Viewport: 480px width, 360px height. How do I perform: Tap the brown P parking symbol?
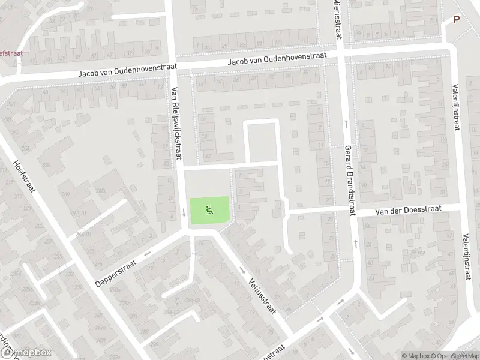456,19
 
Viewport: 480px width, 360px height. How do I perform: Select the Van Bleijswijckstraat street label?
176,122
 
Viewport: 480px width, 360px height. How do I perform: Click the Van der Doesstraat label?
408,209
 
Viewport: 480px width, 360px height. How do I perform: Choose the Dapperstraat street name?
115,272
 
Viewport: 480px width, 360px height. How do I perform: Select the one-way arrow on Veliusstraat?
243,270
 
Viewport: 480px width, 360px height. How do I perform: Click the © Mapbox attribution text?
417,356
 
